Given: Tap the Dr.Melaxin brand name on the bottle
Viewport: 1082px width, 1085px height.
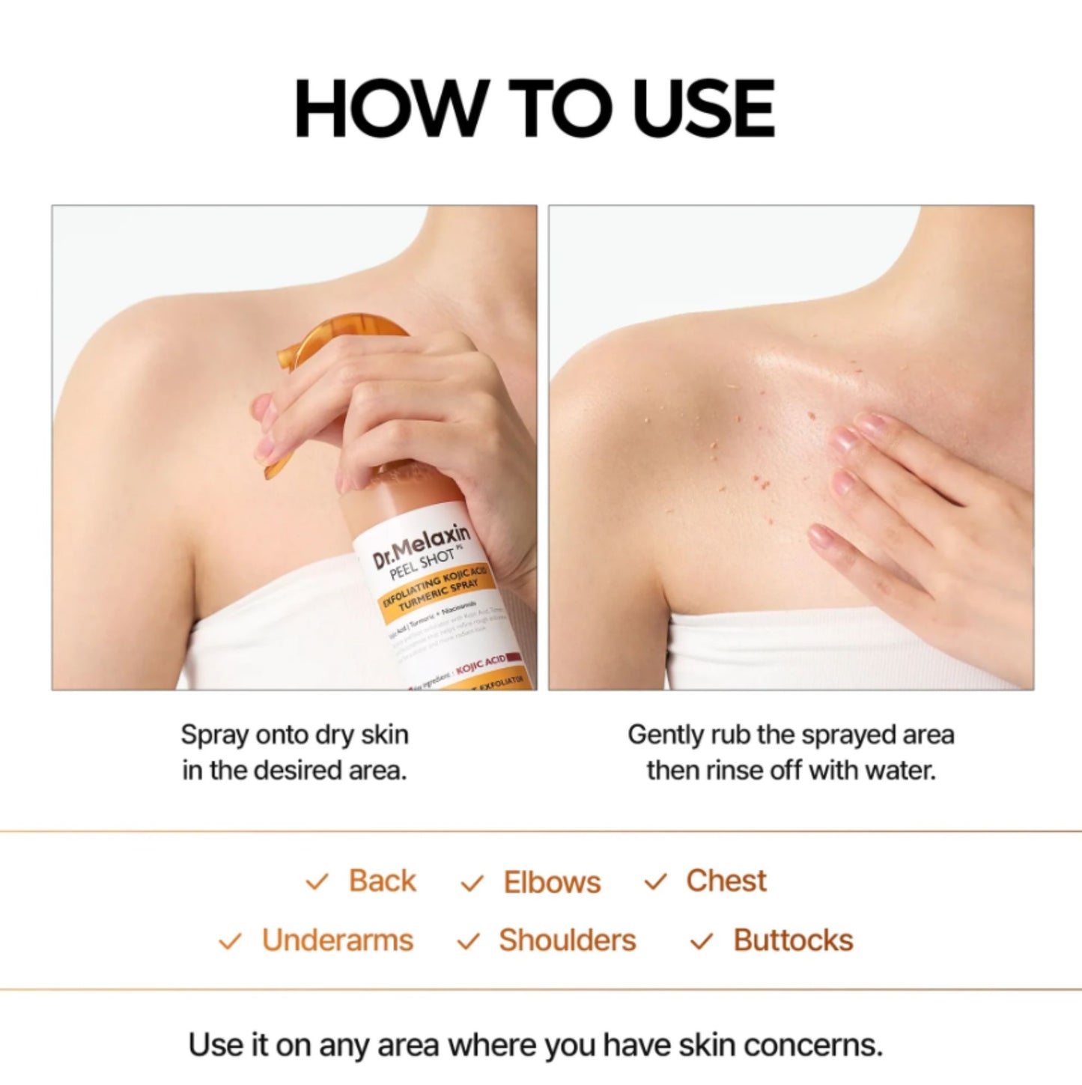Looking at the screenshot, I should pos(422,546).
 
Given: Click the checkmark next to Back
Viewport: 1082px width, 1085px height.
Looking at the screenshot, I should pos(317,882).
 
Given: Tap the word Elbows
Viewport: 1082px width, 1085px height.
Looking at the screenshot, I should pos(552,882).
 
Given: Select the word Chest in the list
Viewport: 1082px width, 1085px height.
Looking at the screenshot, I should pos(726,881).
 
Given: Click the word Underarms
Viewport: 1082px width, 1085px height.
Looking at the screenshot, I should pos(338,940).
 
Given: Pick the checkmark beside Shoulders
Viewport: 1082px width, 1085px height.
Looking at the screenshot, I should pos(468,941).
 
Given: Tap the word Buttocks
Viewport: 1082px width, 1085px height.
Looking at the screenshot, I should pos(793,940).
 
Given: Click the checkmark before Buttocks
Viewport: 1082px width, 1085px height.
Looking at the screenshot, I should pos(701,941).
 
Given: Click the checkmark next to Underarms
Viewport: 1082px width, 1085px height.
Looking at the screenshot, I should pos(230,941).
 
